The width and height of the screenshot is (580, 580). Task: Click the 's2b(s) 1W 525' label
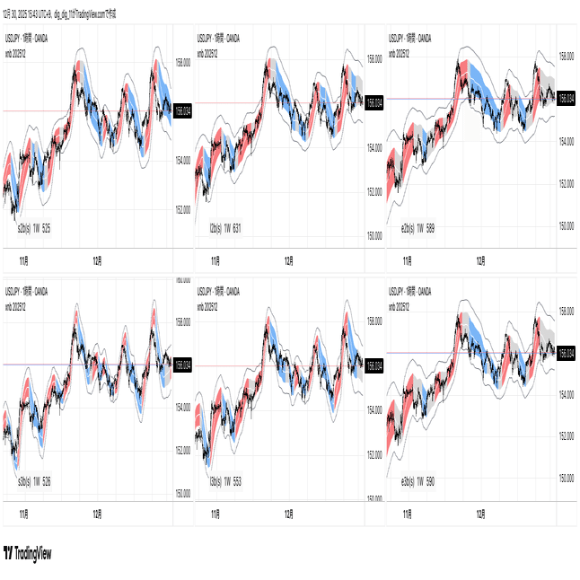(x=34, y=229)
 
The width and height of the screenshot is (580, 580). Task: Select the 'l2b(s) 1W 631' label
(x=225, y=228)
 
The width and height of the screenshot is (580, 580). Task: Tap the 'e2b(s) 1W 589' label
(x=417, y=228)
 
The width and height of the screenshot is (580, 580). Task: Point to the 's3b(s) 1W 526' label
(x=34, y=482)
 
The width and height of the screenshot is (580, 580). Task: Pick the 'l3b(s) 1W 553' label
(x=225, y=481)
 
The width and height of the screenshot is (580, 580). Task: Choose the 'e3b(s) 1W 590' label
(x=417, y=481)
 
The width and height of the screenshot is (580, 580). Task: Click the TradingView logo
(x=28, y=553)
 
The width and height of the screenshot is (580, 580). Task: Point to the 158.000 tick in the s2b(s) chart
(x=182, y=63)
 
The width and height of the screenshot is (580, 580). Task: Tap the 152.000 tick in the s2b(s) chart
(x=182, y=209)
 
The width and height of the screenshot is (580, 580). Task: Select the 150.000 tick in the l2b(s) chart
(x=373, y=235)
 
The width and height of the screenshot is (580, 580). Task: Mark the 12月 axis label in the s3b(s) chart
(x=96, y=515)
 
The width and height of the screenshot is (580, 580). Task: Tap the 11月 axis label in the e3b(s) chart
(x=408, y=515)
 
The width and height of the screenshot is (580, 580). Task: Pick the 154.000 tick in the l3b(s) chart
(x=373, y=407)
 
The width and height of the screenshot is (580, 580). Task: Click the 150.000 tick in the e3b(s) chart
(x=566, y=479)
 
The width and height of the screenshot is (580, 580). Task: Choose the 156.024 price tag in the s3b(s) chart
(x=183, y=365)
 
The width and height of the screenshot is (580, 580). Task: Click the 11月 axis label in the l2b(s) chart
(x=215, y=261)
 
